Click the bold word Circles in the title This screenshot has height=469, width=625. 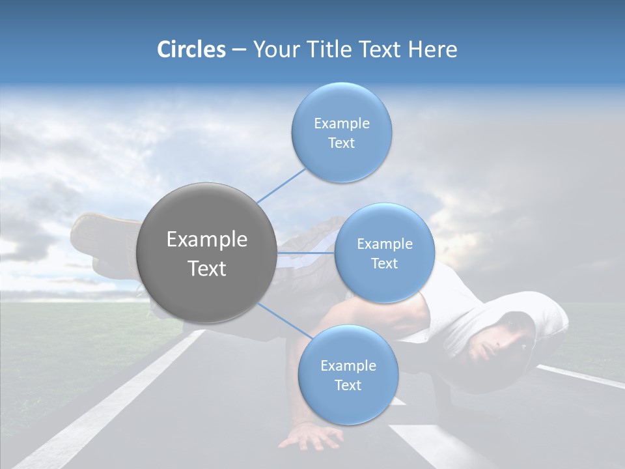(x=191, y=50)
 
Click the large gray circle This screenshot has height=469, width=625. (x=207, y=253)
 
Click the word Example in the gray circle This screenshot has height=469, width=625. (x=207, y=240)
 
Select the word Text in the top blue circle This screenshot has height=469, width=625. (x=341, y=143)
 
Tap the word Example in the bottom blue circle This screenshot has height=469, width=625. (x=348, y=365)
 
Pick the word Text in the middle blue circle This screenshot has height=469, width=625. (x=384, y=263)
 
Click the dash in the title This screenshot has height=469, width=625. (x=239, y=50)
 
